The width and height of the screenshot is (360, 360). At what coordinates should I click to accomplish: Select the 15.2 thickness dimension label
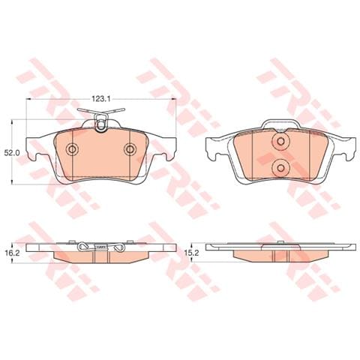coord(191,253)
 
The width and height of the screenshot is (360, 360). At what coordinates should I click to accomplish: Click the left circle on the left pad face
coord(72,149)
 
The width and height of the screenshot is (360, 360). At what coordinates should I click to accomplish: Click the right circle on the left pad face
coord(130,149)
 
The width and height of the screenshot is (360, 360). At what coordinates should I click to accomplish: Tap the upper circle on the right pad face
coord(280,141)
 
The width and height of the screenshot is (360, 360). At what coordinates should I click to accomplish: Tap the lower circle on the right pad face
coord(280,168)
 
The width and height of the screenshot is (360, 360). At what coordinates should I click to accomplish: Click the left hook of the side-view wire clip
coord(83,247)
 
